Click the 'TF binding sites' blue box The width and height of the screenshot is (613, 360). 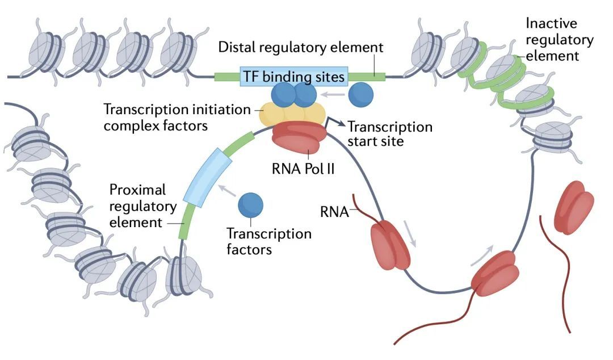point(294,76)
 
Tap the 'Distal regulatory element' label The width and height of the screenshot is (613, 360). point(301,47)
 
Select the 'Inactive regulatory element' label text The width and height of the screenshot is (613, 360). point(559,40)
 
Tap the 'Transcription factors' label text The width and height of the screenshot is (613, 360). point(269,241)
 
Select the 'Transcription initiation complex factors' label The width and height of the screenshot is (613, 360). point(177,117)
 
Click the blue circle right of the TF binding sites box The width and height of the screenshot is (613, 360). point(360,95)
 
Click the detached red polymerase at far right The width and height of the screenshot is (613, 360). point(574,207)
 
